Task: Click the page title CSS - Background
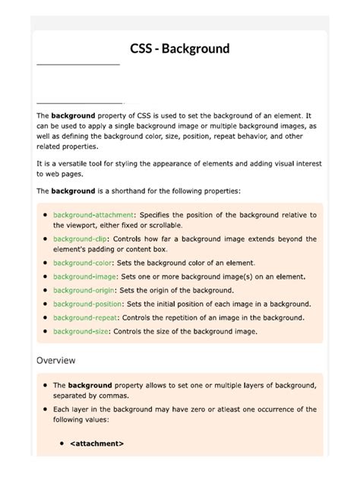click(x=179, y=49)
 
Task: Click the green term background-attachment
click(x=93, y=215)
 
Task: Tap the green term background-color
click(x=82, y=263)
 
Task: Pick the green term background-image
click(x=84, y=276)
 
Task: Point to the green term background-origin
click(x=84, y=290)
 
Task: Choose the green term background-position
click(x=88, y=304)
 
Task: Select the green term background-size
click(x=81, y=331)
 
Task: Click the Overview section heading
click(x=56, y=360)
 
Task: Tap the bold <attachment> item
click(x=96, y=444)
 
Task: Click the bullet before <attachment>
click(x=62, y=444)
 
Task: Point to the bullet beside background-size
click(x=45, y=332)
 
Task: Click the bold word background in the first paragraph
click(x=73, y=115)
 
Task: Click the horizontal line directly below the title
click(x=78, y=65)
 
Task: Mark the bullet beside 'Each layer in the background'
click(x=45, y=409)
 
